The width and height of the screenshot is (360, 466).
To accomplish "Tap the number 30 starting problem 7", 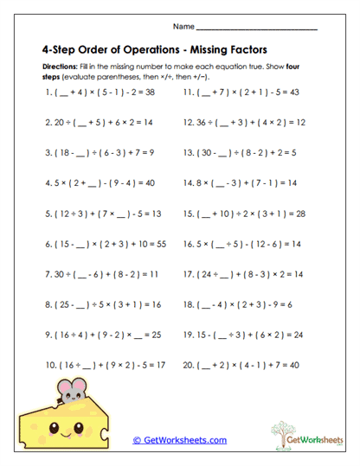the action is (x=60, y=275).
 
